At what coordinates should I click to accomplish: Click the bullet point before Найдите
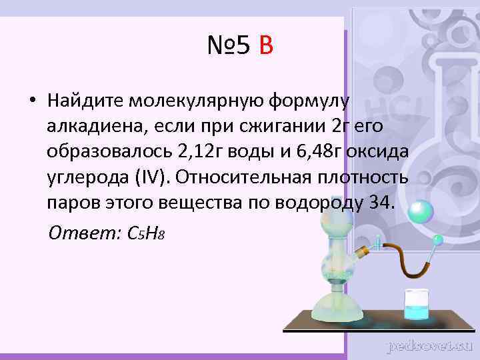click(x=31, y=101)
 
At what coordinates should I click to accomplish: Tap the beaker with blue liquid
click(x=417, y=305)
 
